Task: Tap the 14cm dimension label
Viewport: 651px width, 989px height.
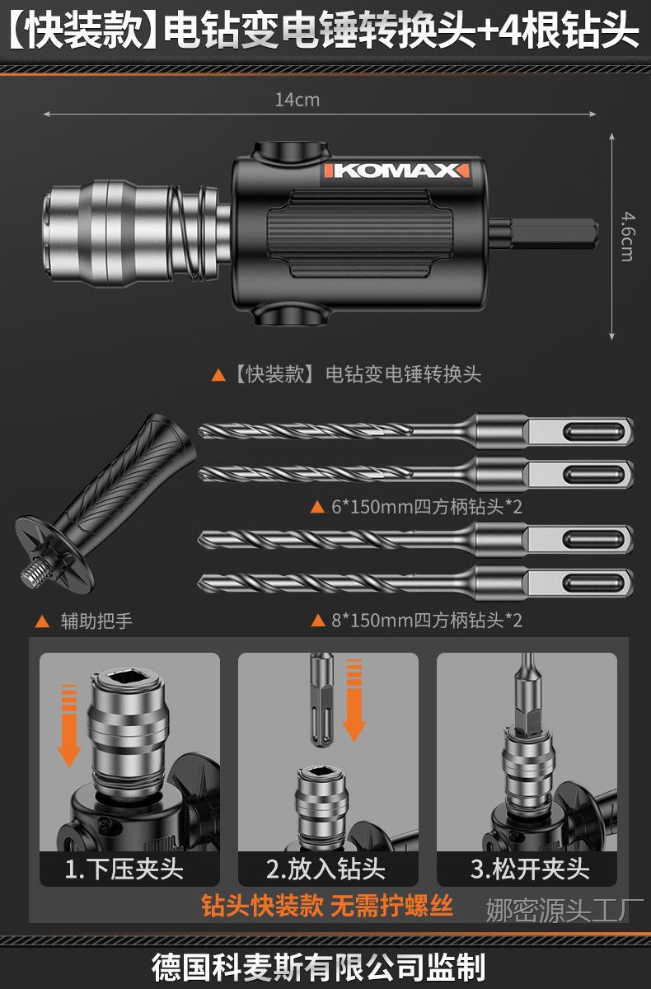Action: (x=297, y=101)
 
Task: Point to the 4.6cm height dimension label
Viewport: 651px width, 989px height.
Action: (x=626, y=236)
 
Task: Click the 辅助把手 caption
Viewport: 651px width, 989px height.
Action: (x=96, y=621)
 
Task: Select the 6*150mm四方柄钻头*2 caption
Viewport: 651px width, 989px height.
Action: (x=426, y=506)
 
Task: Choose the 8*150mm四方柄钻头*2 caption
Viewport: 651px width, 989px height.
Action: (x=426, y=620)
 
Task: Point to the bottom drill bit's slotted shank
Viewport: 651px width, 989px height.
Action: (x=577, y=580)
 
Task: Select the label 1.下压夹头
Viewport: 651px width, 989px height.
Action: (x=124, y=869)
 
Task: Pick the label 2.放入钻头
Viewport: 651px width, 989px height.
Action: (x=325, y=869)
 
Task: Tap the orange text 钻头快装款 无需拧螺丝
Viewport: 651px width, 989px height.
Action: (x=327, y=907)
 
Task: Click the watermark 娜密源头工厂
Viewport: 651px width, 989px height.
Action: (x=564, y=911)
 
